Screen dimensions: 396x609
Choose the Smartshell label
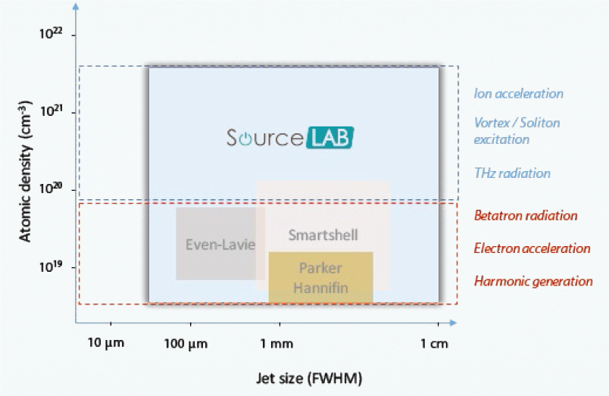323,235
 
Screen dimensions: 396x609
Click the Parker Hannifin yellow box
320,277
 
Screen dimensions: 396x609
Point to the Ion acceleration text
518,94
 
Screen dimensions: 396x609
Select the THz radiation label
512,173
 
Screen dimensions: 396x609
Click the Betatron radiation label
526,216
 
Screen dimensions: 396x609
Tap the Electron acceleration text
532,248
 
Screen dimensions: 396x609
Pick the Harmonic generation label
533,282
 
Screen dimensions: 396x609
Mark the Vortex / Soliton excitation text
517,130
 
